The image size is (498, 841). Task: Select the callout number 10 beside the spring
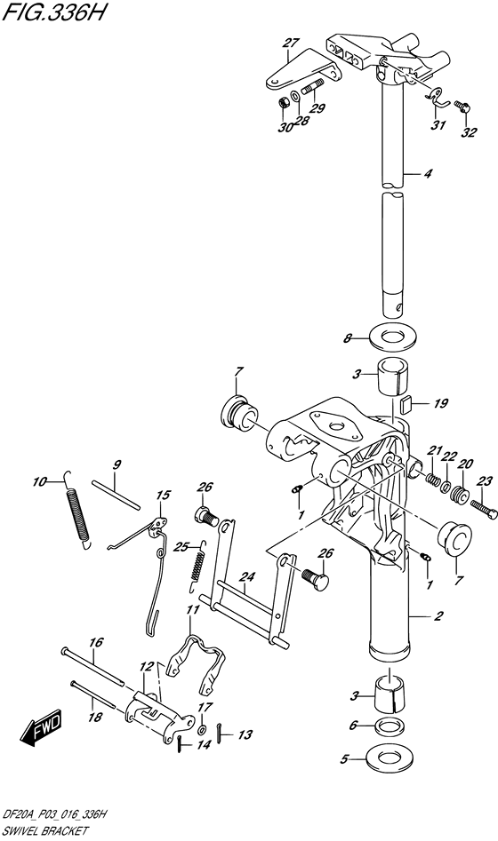click(x=38, y=483)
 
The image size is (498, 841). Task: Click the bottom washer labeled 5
click(x=389, y=760)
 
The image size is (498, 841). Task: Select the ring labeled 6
click(x=388, y=726)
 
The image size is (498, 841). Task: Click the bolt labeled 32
click(x=463, y=107)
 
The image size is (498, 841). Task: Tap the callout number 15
click(x=163, y=496)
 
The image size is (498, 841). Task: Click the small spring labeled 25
click(x=200, y=568)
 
